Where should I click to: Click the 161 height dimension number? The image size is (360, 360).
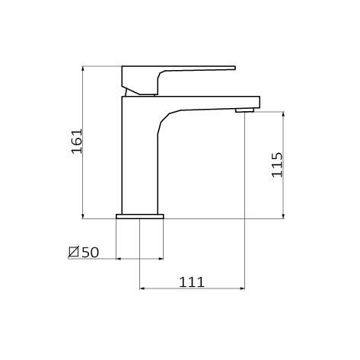click(77, 142)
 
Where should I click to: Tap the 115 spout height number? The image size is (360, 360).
click(277, 164)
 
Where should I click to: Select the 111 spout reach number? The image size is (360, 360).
click(192, 282)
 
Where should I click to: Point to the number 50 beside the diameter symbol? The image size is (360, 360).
click(91, 252)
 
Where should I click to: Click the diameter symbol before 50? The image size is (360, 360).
click(74, 252)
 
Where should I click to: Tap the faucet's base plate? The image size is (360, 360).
click(140, 216)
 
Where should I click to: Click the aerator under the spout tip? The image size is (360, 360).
click(244, 110)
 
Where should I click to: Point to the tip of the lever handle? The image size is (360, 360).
click(235, 68)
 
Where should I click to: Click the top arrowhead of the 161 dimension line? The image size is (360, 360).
click(83, 68)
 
